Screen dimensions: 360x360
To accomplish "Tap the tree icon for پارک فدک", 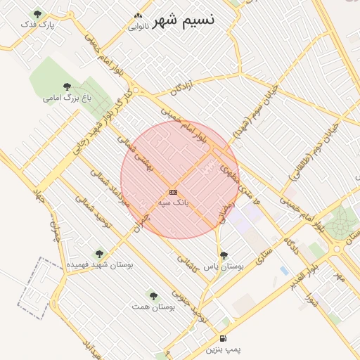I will click(37, 14).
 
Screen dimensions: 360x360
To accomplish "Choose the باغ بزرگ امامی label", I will click(67, 98).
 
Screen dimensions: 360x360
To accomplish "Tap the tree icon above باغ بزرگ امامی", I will click(67, 86).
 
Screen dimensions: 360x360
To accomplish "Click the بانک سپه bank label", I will click(173, 202).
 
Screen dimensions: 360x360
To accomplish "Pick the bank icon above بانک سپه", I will click(173, 192).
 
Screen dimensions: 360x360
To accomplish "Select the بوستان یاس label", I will click(223, 267).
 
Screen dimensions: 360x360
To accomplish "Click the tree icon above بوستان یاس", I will click(224, 256).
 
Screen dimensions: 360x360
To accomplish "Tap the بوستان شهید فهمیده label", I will click(99, 265).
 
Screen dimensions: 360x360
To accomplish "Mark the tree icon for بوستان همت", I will click(153, 295).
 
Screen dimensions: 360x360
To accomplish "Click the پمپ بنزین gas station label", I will click(223, 349).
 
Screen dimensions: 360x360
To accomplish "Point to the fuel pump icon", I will click(223, 338).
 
